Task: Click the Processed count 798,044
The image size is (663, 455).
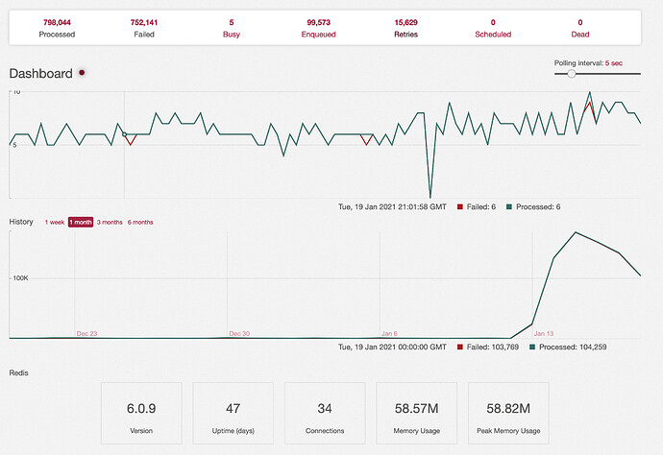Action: tap(57, 22)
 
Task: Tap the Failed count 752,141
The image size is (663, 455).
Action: tap(144, 22)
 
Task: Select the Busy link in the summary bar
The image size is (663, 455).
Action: tap(232, 35)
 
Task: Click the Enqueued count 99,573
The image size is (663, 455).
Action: tap(318, 22)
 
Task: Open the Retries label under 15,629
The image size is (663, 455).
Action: tap(405, 35)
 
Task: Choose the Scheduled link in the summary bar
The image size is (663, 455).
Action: tap(493, 35)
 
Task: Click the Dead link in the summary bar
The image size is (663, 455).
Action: tap(580, 35)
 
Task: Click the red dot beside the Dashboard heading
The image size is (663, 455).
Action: tap(82, 73)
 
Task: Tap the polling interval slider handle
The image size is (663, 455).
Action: tap(572, 74)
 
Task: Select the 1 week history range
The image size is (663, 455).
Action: tap(55, 222)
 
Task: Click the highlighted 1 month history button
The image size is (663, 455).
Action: tap(81, 222)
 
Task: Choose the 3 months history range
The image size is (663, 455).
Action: tap(110, 222)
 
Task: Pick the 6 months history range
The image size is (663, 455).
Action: tap(140, 222)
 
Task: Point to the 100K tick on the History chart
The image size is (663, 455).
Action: tap(20, 278)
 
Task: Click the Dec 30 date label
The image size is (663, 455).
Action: tap(239, 333)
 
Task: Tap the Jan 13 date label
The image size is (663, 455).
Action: tap(544, 333)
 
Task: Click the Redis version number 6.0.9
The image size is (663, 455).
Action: tap(141, 409)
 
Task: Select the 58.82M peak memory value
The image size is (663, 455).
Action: tap(508, 409)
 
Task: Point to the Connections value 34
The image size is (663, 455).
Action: tap(325, 409)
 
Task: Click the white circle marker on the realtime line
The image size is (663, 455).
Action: tap(124, 134)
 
